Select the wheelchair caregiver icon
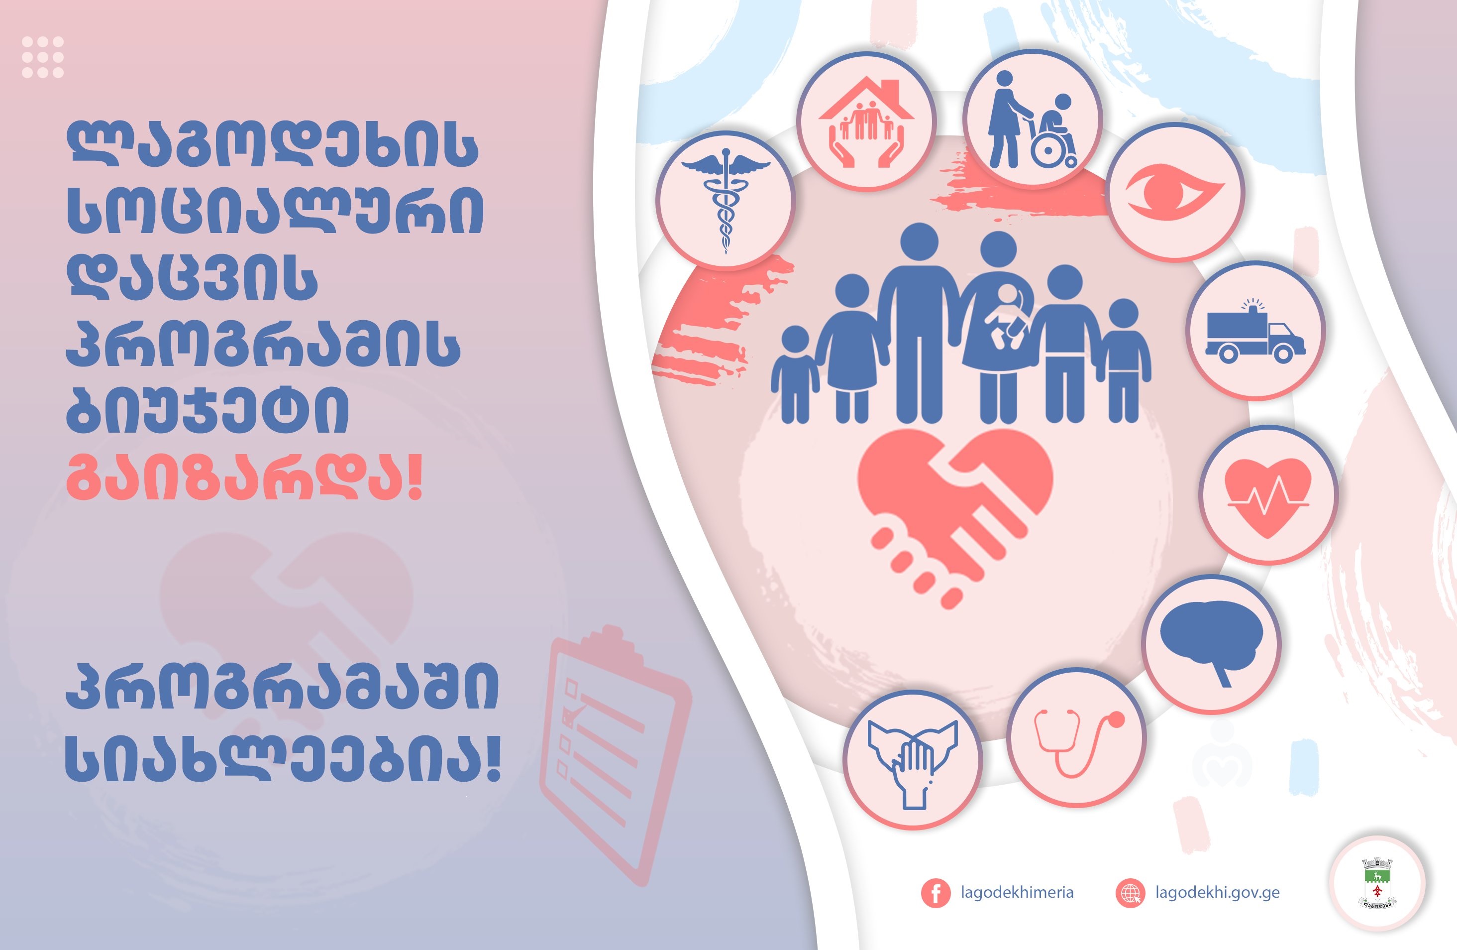coord(1033,120)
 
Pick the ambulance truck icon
coord(1255,331)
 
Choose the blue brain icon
coord(1211,643)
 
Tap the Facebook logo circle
coord(936,893)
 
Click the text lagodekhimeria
coord(1017,892)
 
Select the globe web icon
coord(1130,893)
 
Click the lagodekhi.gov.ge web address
coord(1217,892)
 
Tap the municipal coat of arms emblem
coord(1377,883)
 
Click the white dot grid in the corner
coord(42,57)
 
